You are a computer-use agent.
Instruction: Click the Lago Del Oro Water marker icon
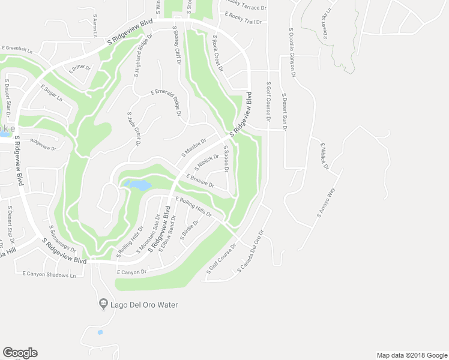103,305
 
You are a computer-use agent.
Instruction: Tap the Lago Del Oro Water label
144,305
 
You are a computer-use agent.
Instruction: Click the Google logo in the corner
20,353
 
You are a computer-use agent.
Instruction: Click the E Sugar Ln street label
52,93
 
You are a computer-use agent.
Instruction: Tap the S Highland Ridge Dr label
143,53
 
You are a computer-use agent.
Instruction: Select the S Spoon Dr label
226,159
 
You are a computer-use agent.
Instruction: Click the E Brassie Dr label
200,181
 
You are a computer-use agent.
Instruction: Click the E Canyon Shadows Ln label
49,274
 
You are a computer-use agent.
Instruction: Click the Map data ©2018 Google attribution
412,355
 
